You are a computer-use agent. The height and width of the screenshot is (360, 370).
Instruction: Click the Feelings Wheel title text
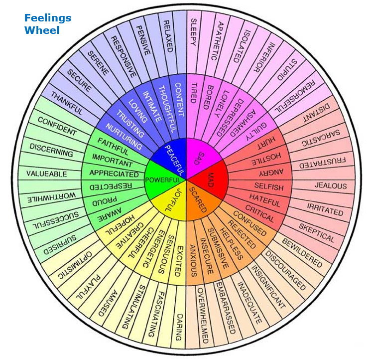[48, 24]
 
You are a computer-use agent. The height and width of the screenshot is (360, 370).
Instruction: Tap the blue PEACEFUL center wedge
[172, 154]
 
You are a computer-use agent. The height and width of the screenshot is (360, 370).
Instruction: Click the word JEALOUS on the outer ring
[330, 186]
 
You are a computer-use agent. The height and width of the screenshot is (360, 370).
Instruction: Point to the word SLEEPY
[192, 33]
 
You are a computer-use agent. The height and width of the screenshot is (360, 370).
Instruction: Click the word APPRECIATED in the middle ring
[114, 174]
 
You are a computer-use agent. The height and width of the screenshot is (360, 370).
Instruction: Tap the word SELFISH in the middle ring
[268, 187]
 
